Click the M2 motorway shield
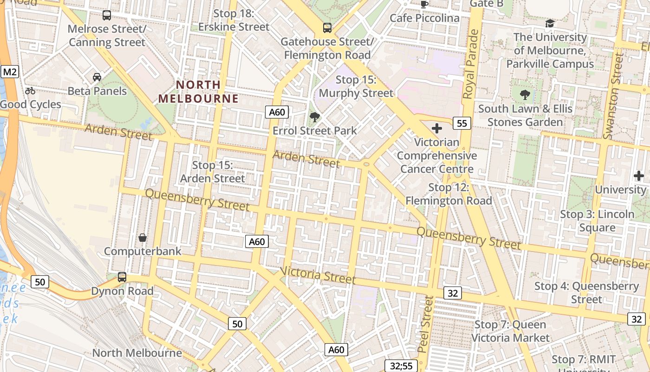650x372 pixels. tap(10, 72)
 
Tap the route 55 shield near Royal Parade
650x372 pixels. tap(461, 123)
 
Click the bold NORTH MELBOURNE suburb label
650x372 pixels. tap(198, 92)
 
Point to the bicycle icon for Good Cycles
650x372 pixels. tap(30, 91)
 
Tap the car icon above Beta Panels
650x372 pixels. tap(97, 77)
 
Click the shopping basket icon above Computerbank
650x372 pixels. tap(143, 238)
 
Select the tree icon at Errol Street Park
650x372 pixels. tap(314, 117)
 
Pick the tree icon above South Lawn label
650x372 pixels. tap(525, 95)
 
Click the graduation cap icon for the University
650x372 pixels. tap(550, 23)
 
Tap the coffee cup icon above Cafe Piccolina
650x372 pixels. tap(424, 4)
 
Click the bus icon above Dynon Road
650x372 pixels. tap(122, 277)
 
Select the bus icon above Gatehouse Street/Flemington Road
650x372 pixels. tap(327, 28)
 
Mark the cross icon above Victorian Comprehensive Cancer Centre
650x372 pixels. tap(436, 128)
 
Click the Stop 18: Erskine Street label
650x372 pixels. tap(234, 20)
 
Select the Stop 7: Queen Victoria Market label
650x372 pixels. tap(510, 331)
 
